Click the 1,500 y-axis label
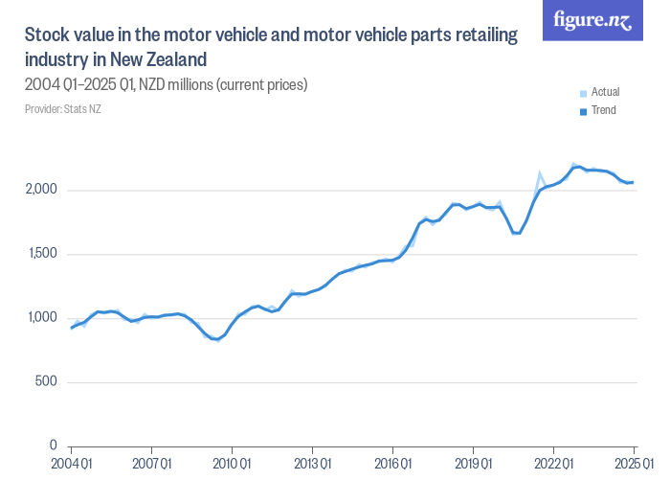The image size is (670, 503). (x=43, y=254)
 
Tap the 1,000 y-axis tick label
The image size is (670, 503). (x=43, y=318)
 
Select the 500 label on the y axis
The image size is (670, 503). (x=48, y=382)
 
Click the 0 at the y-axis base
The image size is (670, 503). (x=55, y=446)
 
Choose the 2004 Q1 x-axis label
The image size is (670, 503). (x=71, y=465)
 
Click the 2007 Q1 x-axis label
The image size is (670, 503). (x=151, y=465)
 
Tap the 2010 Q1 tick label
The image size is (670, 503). (x=232, y=465)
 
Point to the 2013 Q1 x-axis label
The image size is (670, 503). (x=312, y=465)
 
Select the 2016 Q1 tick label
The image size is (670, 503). (x=392, y=465)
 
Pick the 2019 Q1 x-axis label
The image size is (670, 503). (x=473, y=465)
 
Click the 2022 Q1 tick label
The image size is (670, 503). (x=553, y=465)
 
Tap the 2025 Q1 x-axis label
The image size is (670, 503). (x=633, y=465)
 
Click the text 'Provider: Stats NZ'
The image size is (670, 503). (x=62, y=108)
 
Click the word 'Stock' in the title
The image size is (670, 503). (x=45, y=35)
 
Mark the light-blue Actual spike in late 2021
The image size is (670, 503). (x=540, y=174)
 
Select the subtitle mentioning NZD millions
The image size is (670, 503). (x=166, y=85)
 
